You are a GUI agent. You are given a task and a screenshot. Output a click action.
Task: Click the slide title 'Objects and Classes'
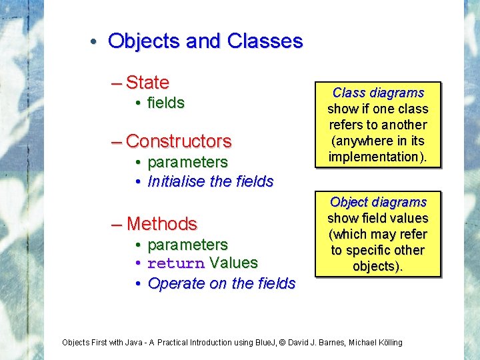[x=205, y=41]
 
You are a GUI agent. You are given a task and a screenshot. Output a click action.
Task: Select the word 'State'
[x=147, y=83]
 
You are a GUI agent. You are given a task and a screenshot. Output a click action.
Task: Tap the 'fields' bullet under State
[x=166, y=103]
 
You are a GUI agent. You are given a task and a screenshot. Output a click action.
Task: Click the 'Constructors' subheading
[x=179, y=141]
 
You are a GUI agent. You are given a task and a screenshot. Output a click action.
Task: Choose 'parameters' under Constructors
[x=187, y=162]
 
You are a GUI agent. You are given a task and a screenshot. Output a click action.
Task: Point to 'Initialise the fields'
[x=211, y=181]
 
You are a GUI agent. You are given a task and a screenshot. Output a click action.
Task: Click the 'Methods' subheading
[x=162, y=223]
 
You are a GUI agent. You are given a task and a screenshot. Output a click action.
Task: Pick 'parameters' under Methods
[x=187, y=245]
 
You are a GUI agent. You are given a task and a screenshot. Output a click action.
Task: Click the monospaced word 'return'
[x=176, y=263]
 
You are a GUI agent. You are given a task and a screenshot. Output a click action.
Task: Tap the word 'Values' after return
[x=234, y=263]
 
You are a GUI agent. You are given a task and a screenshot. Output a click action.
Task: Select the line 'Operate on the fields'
[x=221, y=283]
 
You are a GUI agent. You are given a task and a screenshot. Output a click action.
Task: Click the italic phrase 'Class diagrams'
[x=378, y=93]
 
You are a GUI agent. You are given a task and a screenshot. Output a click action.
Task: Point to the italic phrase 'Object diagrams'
[x=378, y=202]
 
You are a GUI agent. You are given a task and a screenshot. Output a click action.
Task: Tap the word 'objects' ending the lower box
[x=373, y=266]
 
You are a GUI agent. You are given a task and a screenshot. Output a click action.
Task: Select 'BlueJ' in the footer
[x=265, y=343]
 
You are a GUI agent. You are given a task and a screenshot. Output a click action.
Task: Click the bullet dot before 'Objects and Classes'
[x=95, y=42]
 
